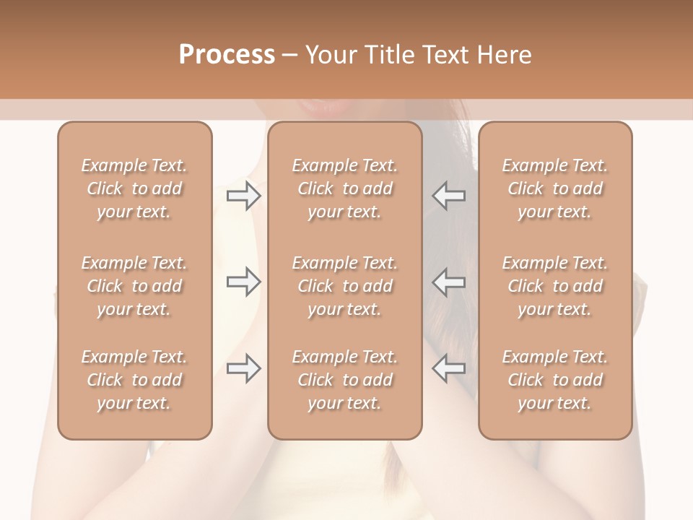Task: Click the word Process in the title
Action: tap(227, 54)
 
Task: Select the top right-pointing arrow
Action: tap(243, 196)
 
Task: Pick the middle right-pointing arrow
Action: tap(243, 282)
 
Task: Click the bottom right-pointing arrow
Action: tap(243, 368)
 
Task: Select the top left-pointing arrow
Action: tap(448, 196)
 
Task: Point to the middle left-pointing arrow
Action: tap(448, 282)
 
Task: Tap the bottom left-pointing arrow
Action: tap(448, 368)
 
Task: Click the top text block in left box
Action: tap(134, 188)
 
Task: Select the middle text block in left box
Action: tap(134, 286)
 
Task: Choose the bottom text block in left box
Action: tap(134, 380)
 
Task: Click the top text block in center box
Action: tap(345, 188)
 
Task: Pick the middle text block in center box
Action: tap(345, 286)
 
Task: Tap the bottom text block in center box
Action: tap(345, 380)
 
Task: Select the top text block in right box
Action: tap(555, 188)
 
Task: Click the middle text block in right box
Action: tap(555, 286)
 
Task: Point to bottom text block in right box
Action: tap(555, 380)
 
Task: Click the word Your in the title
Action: tap(332, 54)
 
